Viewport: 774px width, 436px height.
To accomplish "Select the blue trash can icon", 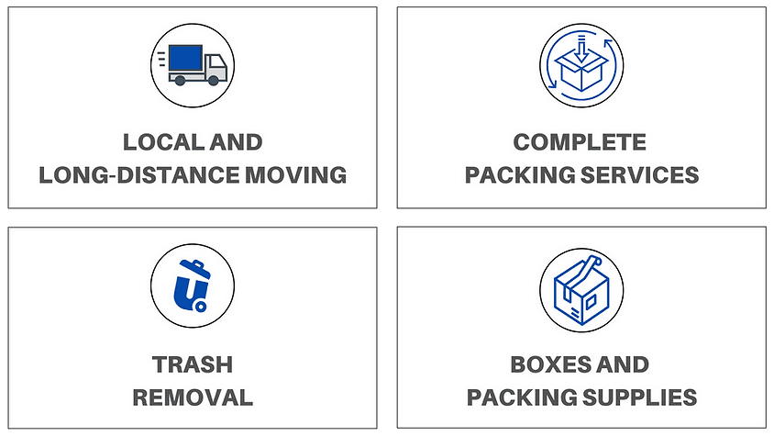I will pyautogui.click(x=193, y=287).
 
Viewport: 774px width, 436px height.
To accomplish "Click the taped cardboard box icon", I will pyautogui.click(x=580, y=287).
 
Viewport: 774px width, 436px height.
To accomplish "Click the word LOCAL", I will pyautogui.click(x=158, y=142).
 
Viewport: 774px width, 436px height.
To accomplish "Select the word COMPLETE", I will pyautogui.click(x=580, y=142).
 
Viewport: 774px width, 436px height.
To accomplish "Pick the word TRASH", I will pyautogui.click(x=193, y=364).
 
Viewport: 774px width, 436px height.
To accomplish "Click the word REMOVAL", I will pyautogui.click(x=193, y=397).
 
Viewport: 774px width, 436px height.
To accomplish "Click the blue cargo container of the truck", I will pyautogui.click(x=186, y=60).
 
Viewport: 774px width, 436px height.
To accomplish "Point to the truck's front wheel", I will pyautogui.click(x=213, y=81).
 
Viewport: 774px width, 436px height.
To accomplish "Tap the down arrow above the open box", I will pyautogui.click(x=580, y=43).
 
